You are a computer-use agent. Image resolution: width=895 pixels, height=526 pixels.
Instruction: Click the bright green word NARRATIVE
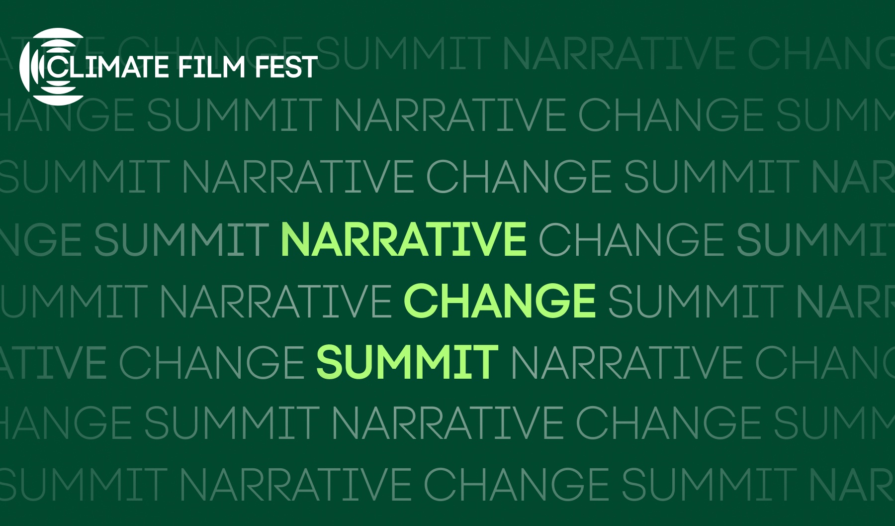point(403,239)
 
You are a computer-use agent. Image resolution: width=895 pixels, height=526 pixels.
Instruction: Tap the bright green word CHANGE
point(500,301)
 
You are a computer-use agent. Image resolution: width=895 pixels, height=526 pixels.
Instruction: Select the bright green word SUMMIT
point(407,362)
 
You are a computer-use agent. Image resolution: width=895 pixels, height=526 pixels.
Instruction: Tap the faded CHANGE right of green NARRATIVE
point(631,239)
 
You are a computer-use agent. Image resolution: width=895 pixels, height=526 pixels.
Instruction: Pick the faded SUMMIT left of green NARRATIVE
point(181,239)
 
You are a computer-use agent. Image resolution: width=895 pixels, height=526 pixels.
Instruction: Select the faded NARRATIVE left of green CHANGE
point(275,301)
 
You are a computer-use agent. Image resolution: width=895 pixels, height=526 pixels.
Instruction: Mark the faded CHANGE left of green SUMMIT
point(211,362)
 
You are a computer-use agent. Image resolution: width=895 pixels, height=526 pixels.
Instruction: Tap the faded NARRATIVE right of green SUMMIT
point(626,362)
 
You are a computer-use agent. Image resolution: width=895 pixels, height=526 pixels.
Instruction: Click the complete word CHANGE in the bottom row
point(516,484)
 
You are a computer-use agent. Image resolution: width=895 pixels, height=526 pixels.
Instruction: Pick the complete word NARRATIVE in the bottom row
point(295,484)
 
